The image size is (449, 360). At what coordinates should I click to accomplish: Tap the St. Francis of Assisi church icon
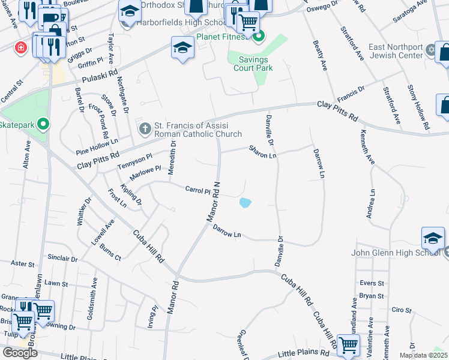coord(145,128)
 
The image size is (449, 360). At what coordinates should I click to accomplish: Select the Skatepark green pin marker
coord(43,125)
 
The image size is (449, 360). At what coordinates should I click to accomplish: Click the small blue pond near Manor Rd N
coord(245,203)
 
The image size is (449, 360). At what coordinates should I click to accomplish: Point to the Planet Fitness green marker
coord(259,37)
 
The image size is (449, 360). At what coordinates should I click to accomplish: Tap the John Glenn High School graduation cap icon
coord(433,239)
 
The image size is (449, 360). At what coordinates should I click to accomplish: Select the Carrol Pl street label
coord(197,190)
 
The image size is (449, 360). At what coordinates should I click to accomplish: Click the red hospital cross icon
coord(22,47)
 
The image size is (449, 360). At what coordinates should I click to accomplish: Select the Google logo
coord(20,352)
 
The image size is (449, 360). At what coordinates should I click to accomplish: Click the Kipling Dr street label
coord(131,196)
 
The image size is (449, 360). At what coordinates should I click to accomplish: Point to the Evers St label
coord(372,283)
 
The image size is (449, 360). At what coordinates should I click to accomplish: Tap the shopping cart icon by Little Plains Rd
coord(348,345)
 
